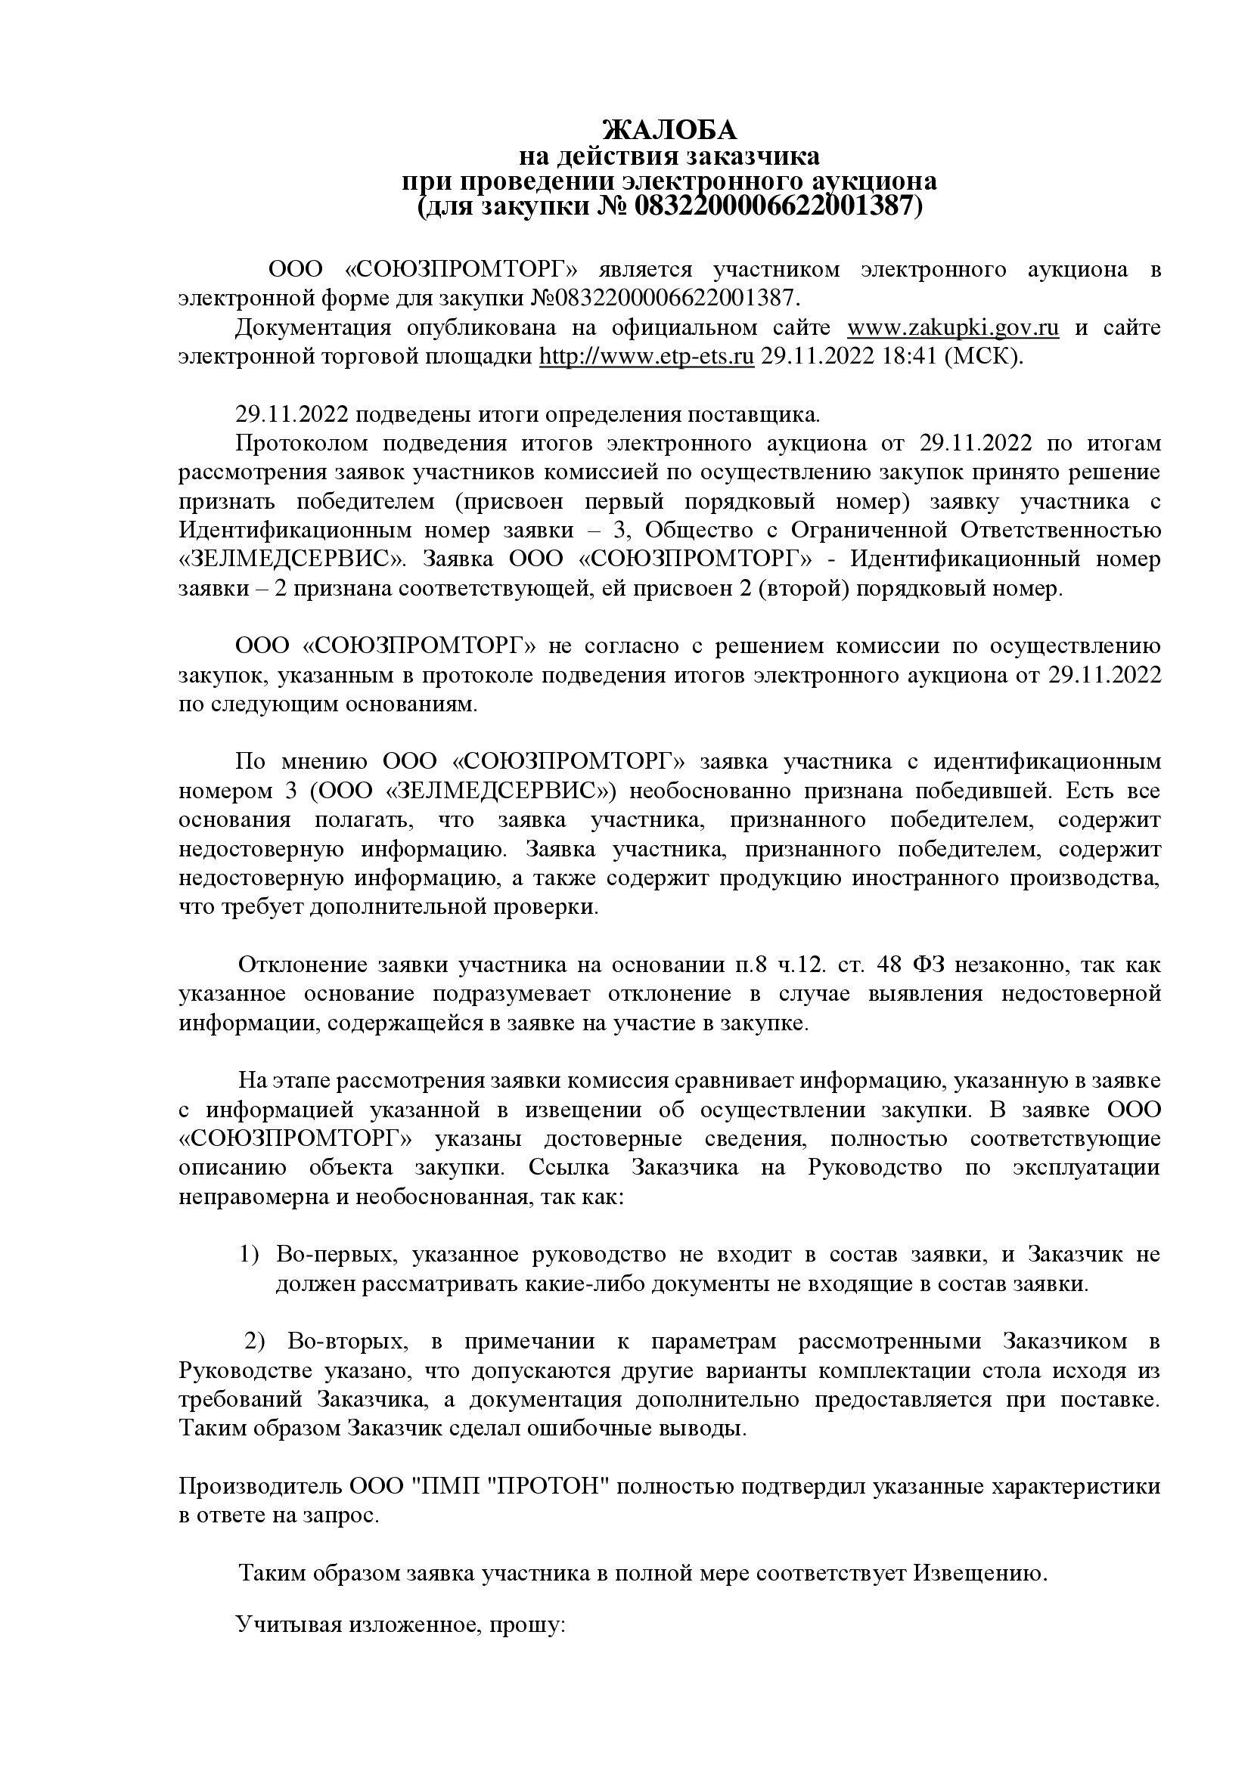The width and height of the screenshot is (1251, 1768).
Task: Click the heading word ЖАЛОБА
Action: tap(669, 129)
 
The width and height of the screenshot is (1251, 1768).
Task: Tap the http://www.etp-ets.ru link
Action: tap(645, 358)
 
